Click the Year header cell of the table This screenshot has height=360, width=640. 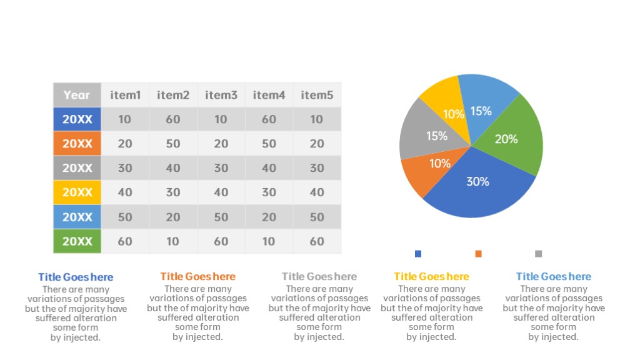[x=77, y=95]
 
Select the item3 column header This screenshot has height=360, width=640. [x=221, y=95]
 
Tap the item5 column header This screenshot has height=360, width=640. [x=317, y=95]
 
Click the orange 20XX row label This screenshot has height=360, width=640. [x=77, y=143]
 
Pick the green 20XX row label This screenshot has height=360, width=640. [x=77, y=241]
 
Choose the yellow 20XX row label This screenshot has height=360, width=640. [x=77, y=192]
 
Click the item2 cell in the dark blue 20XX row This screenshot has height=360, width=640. [x=173, y=119]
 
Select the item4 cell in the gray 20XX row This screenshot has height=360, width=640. [x=269, y=167]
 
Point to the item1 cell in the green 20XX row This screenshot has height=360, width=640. [x=125, y=241]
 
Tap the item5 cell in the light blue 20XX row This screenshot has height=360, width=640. [x=317, y=217]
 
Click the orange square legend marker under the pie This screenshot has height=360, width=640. [x=478, y=254]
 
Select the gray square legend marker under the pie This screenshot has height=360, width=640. [x=538, y=254]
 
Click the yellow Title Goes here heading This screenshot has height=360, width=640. [x=431, y=276]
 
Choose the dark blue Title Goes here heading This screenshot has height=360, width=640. [x=76, y=277]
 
